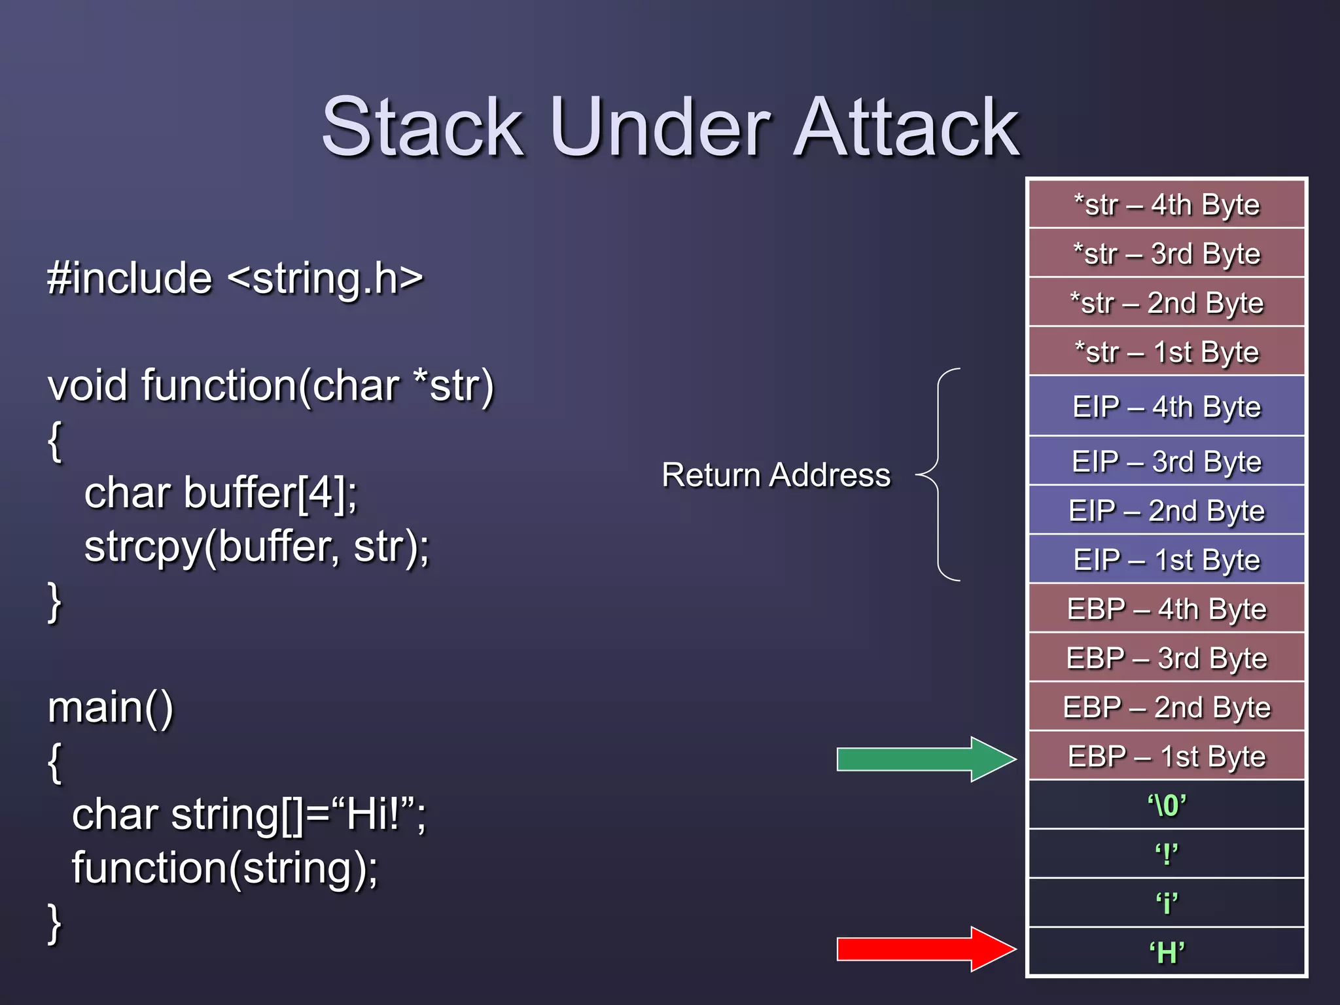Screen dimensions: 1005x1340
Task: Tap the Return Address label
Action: pos(775,474)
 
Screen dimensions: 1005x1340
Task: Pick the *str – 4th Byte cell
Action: pos(1167,205)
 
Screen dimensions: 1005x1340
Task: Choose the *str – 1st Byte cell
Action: pos(1167,352)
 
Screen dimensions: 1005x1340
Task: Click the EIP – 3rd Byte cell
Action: pos(1167,461)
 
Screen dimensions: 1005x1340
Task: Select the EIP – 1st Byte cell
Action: pos(1167,560)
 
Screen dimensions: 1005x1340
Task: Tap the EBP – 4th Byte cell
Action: pos(1167,609)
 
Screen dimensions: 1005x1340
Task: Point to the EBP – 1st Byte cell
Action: pos(1167,756)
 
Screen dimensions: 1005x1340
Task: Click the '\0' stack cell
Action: pos(1167,805)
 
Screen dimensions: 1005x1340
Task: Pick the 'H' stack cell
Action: pos(1167,953)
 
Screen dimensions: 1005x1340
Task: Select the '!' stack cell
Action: pos(1167,855)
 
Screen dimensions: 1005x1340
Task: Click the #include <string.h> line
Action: pos(236,278)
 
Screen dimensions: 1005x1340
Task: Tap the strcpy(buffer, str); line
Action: pos(256,546)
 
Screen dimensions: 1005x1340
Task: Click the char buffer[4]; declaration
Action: pos(220,493)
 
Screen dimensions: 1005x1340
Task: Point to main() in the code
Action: pos(110,707)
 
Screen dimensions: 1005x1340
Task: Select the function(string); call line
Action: pos(224,868)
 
